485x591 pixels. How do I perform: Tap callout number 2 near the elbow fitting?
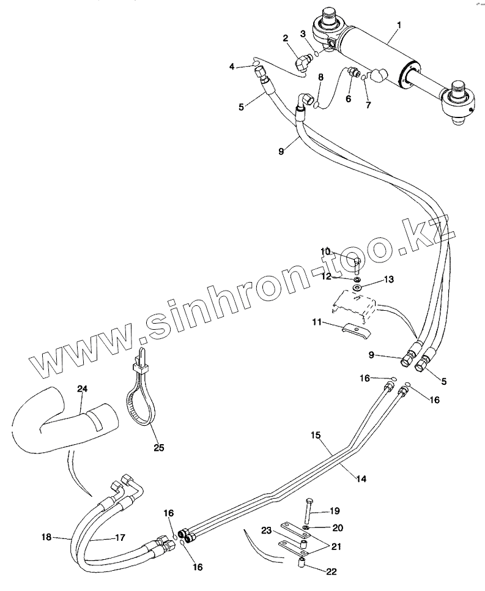pos(286,39)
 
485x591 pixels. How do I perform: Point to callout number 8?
pos(320,77)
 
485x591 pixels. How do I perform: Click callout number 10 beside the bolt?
pos(326,251)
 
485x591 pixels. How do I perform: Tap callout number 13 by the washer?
pos(389,279)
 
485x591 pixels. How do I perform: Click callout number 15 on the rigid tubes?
pos(316,435)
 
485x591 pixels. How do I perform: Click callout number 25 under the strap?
pos(158,447)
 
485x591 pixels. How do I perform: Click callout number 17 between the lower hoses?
pos(119,538)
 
